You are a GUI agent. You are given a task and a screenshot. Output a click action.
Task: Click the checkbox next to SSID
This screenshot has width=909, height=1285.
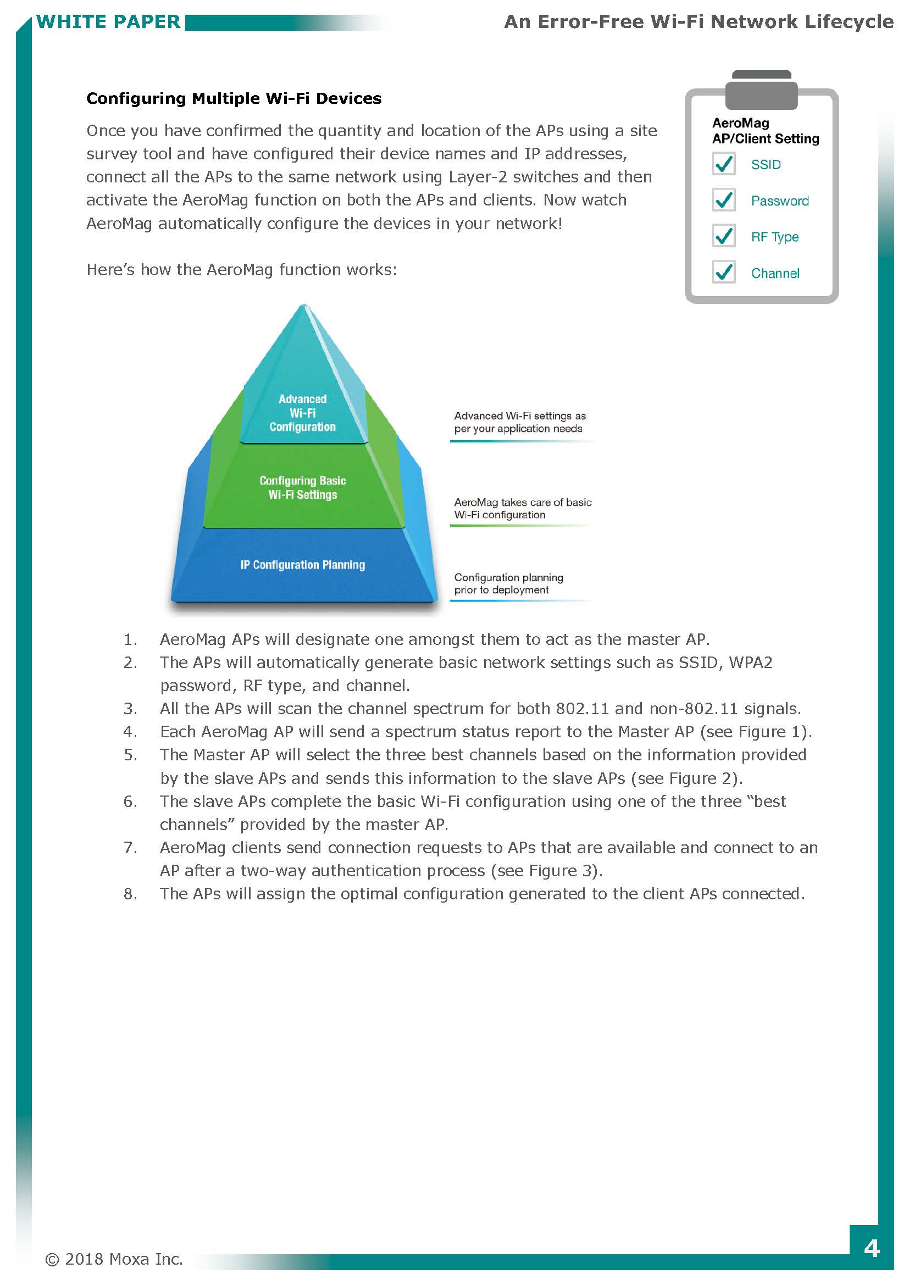click(x=723, y=164)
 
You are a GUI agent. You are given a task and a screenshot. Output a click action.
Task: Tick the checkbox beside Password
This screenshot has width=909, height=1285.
click(x=723, y=200)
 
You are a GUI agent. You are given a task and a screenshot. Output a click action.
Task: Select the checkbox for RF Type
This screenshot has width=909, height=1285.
click(x=723, y=236)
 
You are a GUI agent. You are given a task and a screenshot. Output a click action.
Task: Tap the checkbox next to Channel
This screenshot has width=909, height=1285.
click(x=723, y=272)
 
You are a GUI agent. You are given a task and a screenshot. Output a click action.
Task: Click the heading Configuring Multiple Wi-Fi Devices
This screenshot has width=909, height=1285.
click(x=234, y=98)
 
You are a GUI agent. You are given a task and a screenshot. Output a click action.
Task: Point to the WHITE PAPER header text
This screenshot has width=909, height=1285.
click(x=108, y=22)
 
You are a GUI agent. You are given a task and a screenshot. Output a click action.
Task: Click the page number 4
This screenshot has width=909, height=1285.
click(x=871, y=1248)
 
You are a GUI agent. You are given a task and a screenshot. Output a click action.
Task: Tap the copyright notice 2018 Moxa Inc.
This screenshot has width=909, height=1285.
click(x=114, y=1259)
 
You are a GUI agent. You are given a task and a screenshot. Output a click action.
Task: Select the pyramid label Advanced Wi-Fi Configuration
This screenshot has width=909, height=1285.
click(x=302, y=413)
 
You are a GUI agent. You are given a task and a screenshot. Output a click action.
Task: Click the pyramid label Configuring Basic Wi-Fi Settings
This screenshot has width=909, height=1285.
click(x=302, y=487)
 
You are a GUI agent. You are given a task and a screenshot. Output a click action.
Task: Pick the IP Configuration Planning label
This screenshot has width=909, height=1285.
click(x=302, y=565)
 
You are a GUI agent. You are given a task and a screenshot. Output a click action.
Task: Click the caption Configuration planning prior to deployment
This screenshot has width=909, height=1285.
click(x=508, y=583)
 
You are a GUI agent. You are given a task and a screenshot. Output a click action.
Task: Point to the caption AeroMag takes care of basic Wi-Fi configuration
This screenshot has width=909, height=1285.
click(x=522, y=508)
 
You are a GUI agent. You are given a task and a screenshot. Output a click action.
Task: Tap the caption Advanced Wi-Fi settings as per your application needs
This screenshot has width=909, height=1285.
click(x=519, y=422)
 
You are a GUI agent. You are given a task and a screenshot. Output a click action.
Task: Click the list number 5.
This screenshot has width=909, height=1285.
click(x=130, y=755)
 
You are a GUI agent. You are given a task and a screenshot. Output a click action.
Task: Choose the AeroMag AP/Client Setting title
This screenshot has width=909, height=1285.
click(x=764, y=131)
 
